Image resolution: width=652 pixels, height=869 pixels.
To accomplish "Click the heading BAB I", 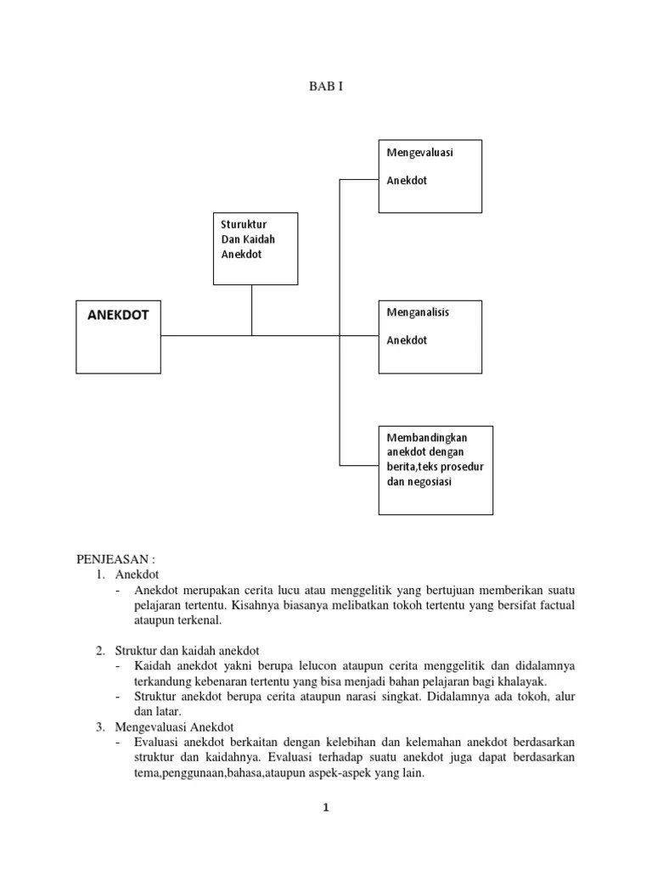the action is (x=326, y=87).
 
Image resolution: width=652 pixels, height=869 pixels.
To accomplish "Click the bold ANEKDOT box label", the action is (x=118, y=315).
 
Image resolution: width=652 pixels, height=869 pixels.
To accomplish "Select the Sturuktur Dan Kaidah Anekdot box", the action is (x=255, y=249).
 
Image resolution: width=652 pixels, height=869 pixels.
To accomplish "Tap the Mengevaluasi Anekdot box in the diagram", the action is (x=430, y=177).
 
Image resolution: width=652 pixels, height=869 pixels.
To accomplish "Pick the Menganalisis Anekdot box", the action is (x=430, y=336).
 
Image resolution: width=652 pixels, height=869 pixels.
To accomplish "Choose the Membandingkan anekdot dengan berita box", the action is (x=435, y=470).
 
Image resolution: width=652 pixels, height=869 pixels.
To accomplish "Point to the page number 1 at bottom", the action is (x=325, y=807).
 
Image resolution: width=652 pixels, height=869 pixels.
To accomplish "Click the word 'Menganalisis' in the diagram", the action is (x=418, y=312).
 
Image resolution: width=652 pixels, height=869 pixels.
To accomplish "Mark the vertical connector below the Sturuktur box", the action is (x=252, y=310).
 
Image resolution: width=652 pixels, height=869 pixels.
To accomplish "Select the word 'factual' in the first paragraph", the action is (x=556, y=605).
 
